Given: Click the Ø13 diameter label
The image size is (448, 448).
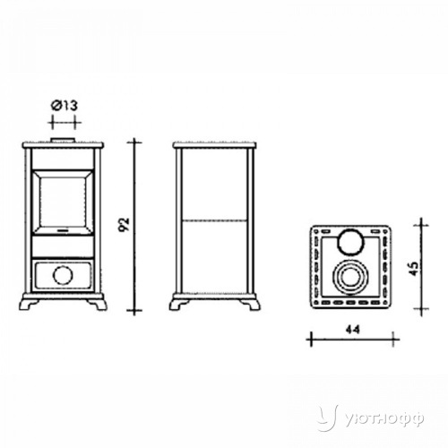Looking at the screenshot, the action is click(x=65, y=106).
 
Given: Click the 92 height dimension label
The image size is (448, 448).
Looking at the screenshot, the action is click(x=124, y=225).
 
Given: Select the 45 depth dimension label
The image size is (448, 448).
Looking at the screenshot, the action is click(x=414, y=269).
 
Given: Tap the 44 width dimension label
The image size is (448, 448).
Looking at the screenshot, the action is click(x=353, y=330).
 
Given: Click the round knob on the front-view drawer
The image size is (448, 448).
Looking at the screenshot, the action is click(x=63, y=275).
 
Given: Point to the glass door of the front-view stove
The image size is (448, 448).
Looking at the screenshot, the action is click(x=63, y=202).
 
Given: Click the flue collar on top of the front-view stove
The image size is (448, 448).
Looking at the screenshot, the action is click(x=63, y=140).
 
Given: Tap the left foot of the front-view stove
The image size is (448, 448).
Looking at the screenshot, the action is click(x=28, y=304).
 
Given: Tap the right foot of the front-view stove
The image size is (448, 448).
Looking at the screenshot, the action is click(x=98, y=304).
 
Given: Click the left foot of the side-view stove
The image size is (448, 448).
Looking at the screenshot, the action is click(x=178, y=304).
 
